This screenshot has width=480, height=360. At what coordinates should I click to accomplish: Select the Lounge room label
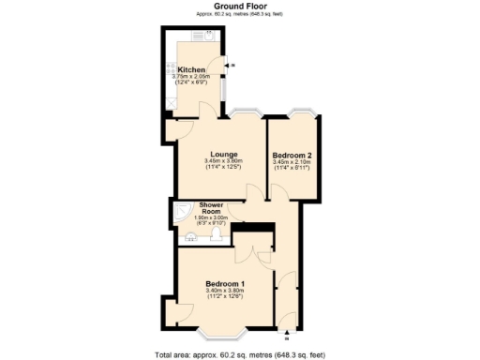(x=223, y=154)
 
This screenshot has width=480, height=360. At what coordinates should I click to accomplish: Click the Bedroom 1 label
(x=225, y=284)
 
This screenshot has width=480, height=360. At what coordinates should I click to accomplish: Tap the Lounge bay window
(x=246, y=114)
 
